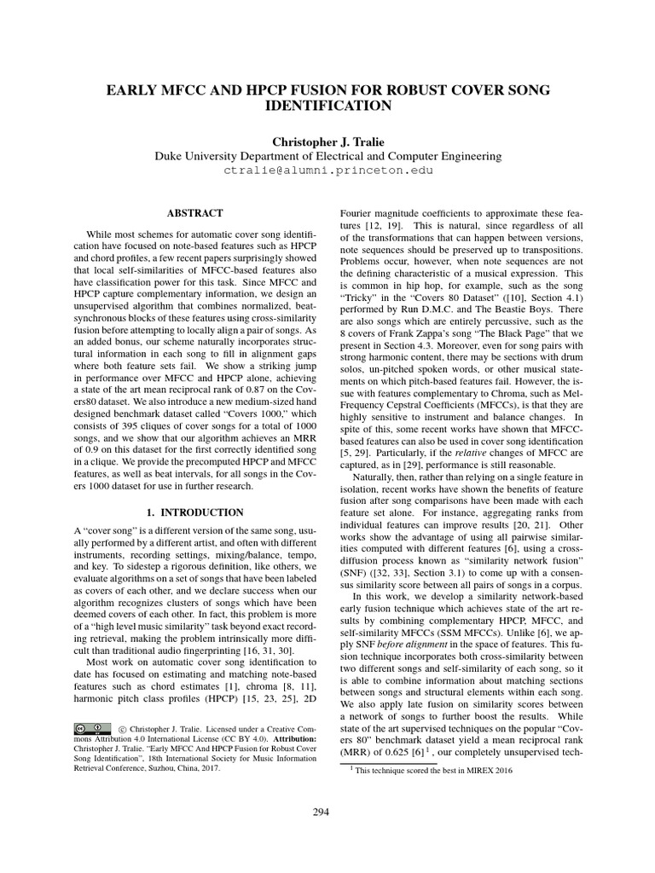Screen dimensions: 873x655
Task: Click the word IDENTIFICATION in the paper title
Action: pos(327,106)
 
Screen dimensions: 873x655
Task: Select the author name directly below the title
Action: pos(327,141)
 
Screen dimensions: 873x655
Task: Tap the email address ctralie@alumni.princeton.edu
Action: pos(327,171)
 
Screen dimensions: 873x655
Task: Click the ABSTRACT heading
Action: pos(196,213)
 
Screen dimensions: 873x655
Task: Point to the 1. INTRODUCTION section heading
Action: pos(195,512)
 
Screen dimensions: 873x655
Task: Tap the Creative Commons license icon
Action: pos(92,727)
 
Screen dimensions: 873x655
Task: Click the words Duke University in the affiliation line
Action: pos(204,156)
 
